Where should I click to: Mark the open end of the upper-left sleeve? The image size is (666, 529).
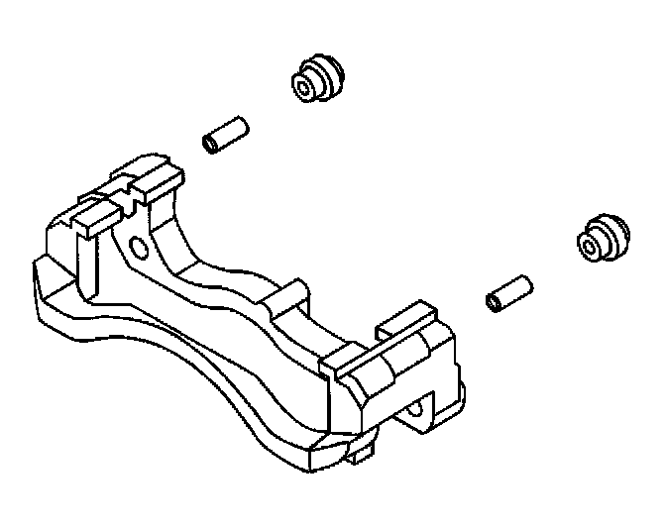210,145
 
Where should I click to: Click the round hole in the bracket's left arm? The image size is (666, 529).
137,246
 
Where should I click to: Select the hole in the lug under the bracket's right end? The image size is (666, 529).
415,407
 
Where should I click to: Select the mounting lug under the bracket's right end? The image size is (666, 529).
421,412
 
